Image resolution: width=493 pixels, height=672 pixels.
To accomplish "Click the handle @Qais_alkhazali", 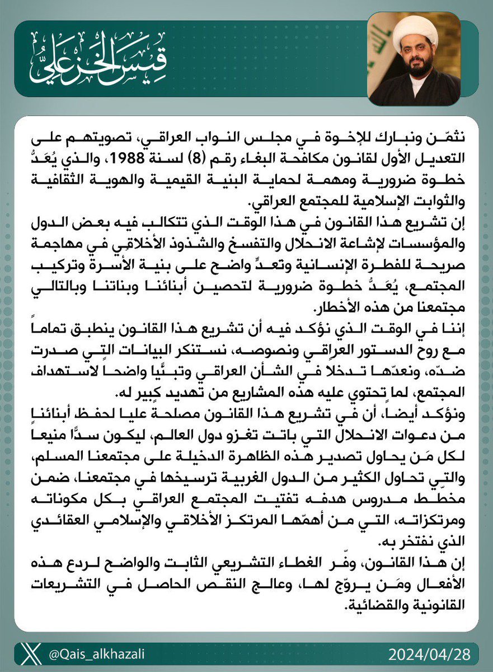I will tap(100, 652).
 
